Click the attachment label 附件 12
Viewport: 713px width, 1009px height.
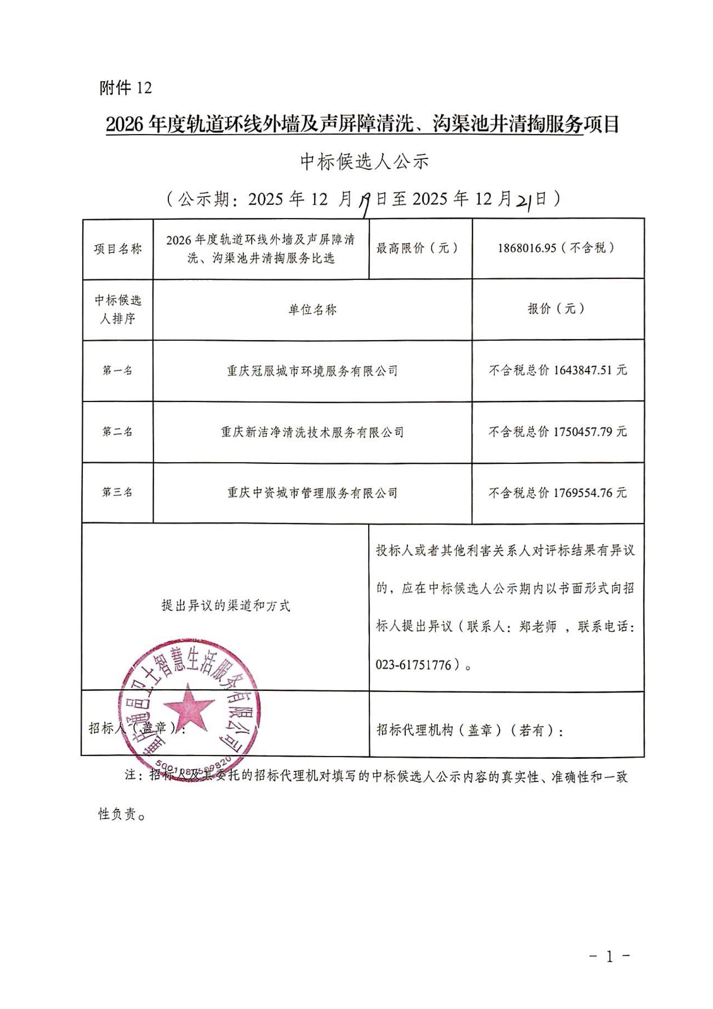pyautogui.click(x=125, y=88)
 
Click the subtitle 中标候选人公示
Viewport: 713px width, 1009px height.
pyautogui.click(x=364, y=162)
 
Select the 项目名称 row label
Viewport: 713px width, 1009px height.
pyautogui.click(x=118, y=249)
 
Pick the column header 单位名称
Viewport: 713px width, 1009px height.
pyautogui.click(x=312, y=310)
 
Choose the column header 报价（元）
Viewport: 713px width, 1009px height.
pyautogui.click(x=557, y=309)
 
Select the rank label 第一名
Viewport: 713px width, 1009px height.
pyautogui.click(x=118, y=370)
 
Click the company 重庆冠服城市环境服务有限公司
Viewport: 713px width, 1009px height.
pyautogui.click(x=312, y=371)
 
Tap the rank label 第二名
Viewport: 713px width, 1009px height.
pyautogui.click(x=118, y=431)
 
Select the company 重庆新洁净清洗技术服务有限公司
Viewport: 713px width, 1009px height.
pyautogui.click(x=312, y=432)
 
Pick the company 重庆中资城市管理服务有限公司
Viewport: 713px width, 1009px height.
pyautogui.click(x=312, y=493)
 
